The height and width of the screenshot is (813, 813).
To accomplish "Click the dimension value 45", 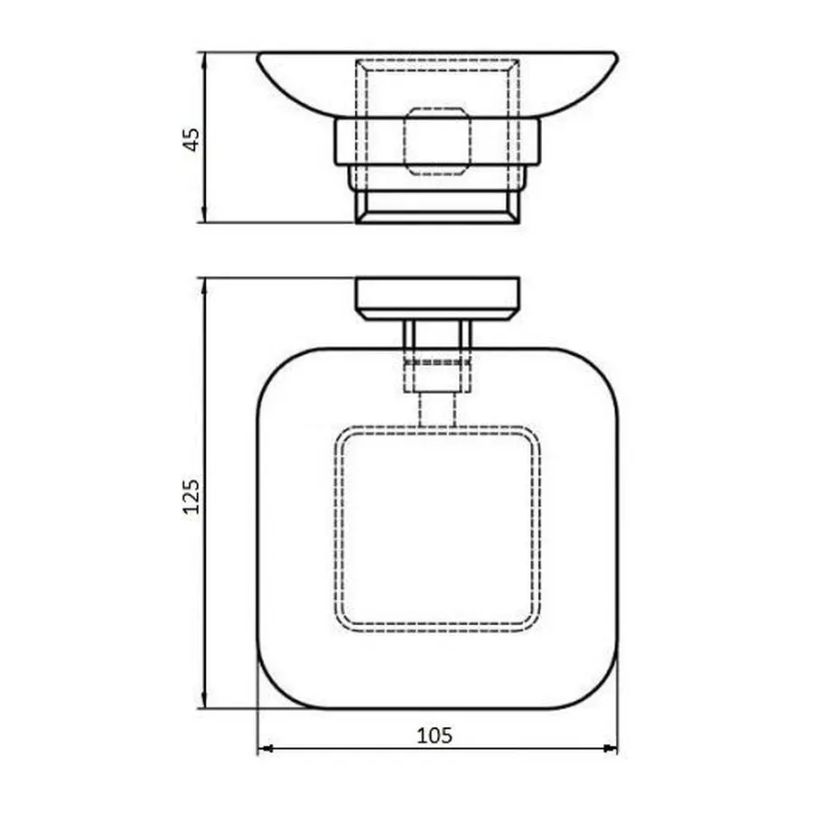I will click(x=192, y=139).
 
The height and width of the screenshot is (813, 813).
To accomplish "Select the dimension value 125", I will click(x=192, y=495).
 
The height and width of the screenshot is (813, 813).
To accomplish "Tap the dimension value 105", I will click(x=435, y=735).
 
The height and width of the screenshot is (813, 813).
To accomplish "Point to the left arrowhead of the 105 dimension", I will click(x=264, y=748).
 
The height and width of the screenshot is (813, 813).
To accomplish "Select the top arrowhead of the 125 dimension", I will click(x=207, y=284).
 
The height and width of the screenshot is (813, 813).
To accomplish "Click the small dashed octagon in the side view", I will click(x=437, y=142).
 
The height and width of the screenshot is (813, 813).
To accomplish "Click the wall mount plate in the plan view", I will click(x=437, y=298).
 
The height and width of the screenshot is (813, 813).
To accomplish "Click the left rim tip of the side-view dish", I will click(x=260, y=56).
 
